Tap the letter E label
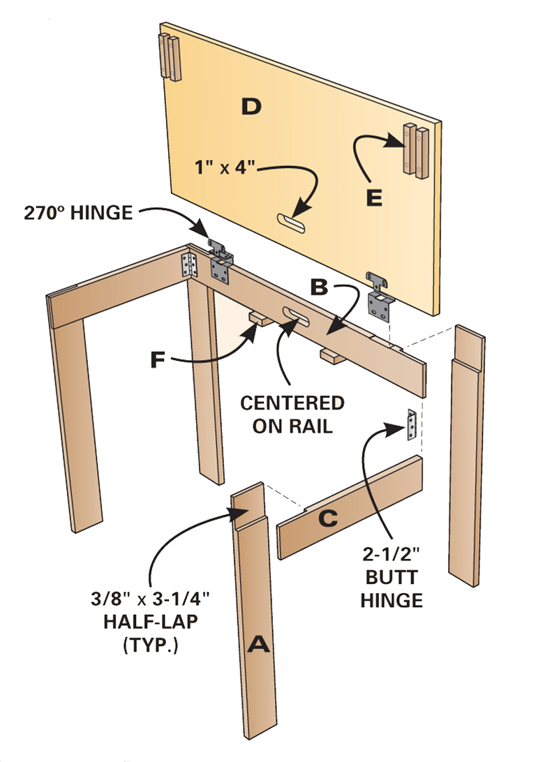(374, 199)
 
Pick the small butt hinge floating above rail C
(412, 425)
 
